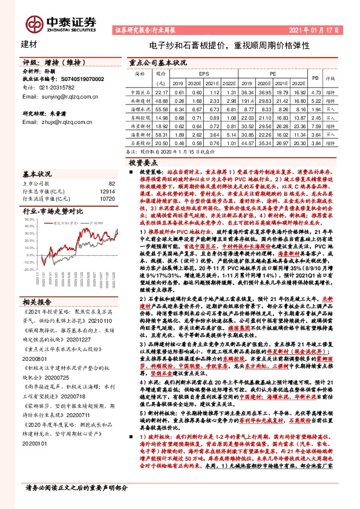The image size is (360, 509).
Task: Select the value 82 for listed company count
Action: [x=111, y=183]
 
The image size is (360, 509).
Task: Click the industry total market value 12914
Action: [x=107, y=190]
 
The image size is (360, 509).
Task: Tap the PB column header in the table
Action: [x=315, y=77]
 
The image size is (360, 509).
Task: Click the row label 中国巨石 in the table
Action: [x=140, y=91]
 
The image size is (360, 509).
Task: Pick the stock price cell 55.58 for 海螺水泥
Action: [x=160, y=109]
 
